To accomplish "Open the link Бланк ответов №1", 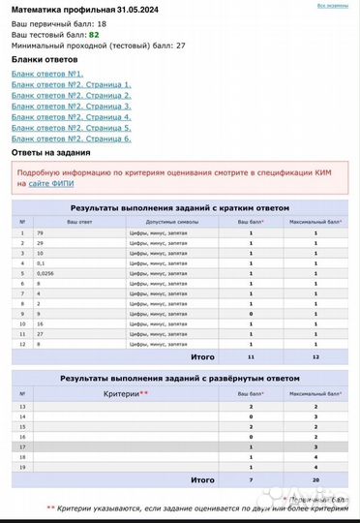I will click(47, 74).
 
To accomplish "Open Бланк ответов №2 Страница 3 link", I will click(71, 106).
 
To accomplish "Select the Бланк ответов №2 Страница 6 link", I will click(71, 138).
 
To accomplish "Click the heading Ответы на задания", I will click(50, 153).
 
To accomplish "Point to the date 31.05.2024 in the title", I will click(136, 8).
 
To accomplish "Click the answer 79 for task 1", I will click(41, 233).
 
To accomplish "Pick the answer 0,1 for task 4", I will click(41, 263).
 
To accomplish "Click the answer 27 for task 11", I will click(41, 333).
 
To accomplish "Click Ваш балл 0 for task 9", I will click(251, 314).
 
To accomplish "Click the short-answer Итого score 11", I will click(250, 356).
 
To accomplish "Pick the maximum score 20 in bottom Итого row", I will click(315, 479).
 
